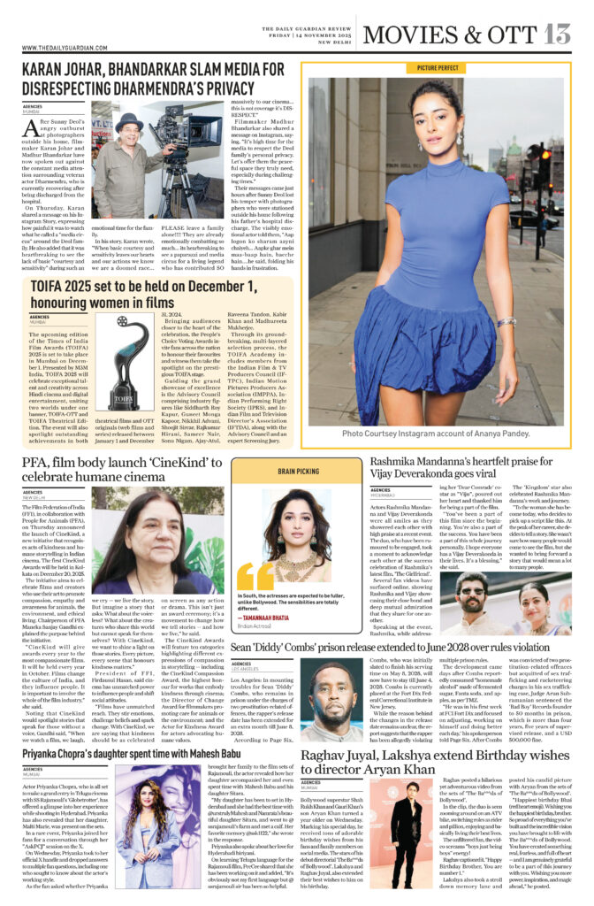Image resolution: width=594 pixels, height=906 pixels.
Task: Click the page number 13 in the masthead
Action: coord(558,33)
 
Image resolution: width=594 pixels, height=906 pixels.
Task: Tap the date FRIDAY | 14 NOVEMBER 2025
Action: coord(305,34)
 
